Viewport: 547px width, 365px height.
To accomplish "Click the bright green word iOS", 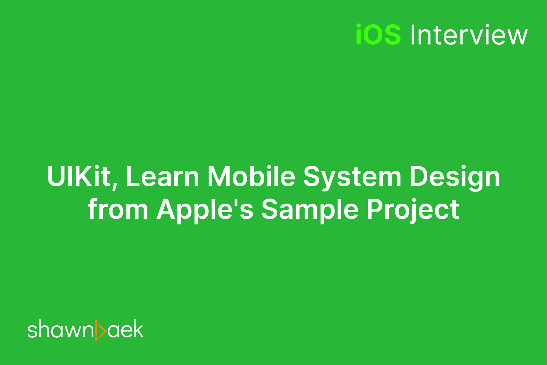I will (x=378, y=35).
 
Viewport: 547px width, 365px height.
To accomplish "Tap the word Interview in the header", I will (x=469, y=35).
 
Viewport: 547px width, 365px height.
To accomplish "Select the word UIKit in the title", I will (x=78, y=177).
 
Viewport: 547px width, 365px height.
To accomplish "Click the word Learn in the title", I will (x=162, y=177).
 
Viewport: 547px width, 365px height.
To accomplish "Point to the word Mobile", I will (x=251, y=177).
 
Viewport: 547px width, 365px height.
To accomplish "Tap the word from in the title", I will (x=118, y=209).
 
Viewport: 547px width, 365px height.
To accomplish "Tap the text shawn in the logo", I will (x=60, y=330).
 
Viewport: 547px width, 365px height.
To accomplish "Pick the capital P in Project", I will (x=375, y=209).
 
